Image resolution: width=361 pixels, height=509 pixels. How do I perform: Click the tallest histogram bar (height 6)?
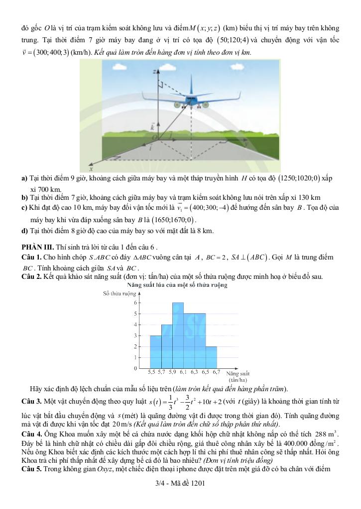178,335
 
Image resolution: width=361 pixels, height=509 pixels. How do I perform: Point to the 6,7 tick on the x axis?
217,371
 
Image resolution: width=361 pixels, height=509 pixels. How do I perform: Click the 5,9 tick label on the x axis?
172,371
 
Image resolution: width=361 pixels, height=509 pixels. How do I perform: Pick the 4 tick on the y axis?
135,325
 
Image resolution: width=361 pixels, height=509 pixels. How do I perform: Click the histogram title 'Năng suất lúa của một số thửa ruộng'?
177,285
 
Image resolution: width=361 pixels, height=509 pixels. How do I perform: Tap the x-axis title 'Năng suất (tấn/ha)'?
238,375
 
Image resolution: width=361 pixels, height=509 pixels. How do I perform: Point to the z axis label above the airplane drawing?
154,71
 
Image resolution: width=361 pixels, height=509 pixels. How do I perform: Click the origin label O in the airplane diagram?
154,138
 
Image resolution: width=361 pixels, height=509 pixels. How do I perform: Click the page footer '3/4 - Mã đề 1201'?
180,483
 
